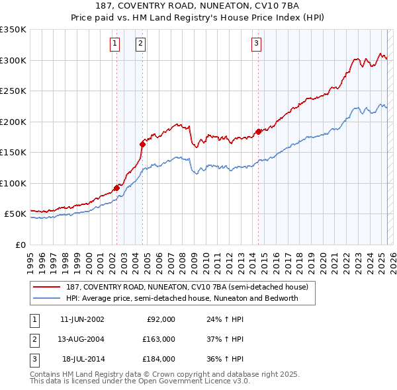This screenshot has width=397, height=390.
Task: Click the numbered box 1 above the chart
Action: point(115,44)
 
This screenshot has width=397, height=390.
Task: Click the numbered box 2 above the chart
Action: point(141,44)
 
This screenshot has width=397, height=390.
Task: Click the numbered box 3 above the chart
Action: point(256,44)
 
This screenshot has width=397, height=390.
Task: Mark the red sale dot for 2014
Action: point(258,132)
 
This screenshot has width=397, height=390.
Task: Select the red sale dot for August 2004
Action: point(142,144)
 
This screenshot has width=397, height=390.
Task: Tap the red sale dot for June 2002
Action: point(116,188)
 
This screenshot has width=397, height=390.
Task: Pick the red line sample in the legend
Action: point(47,288)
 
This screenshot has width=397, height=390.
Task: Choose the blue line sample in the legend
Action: point(47,298)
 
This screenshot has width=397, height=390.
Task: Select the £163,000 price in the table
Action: point(159,339)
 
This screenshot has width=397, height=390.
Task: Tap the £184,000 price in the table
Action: point(159,359)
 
